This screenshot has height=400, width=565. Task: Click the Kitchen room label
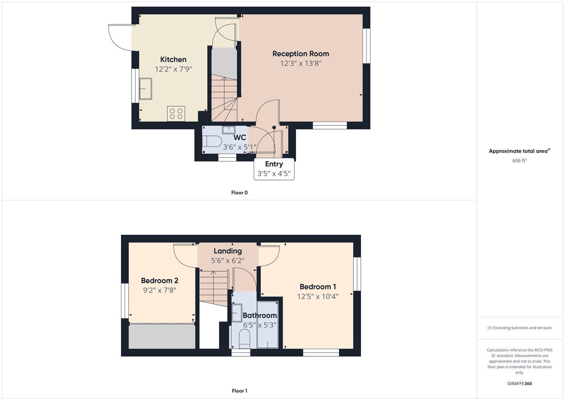(x=173, y=59)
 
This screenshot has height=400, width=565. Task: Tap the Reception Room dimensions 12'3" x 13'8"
(x=300, y=63)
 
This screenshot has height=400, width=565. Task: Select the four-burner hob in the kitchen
(x=176, y=114)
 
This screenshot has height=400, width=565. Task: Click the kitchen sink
(x=145, y=89)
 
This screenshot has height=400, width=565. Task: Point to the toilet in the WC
(x=212, y=141)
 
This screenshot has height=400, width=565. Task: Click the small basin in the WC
(x=228, y=130)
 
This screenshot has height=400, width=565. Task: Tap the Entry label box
(x=274, y=169)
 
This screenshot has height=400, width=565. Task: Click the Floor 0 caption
(x=239, y=193)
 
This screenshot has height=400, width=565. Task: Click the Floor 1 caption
(x=239, y=391)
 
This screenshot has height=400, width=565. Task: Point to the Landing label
(x=228, y=251)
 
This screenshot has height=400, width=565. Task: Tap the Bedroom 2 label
(x=159, y=280)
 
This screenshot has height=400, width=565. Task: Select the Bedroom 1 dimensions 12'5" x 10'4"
(x=317, y=296)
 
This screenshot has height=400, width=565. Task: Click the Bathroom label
(x=259, y=316)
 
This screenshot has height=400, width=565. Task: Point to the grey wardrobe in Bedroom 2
(x=162, y=336)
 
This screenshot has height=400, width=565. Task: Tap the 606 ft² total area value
(x=519, y=160)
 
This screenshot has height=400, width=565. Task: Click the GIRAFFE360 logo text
(x=519, y=383)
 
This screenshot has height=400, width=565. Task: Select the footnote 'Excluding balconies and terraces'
(x=519, y=328)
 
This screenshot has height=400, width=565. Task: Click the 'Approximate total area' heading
(x=519, y=151)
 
